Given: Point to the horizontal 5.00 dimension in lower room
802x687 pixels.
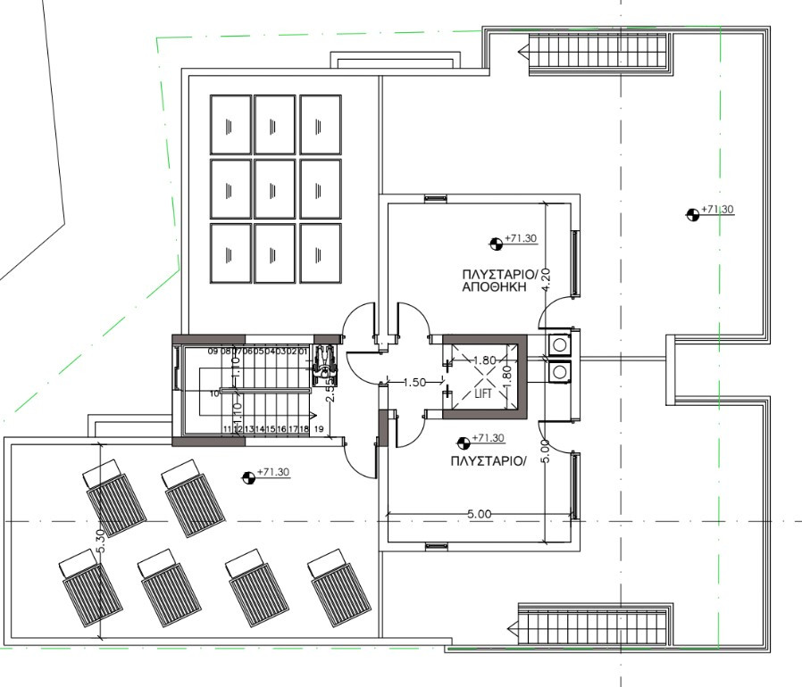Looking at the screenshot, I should click(x=480, y=514).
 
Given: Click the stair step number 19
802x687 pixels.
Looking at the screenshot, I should click(x=319, y=430).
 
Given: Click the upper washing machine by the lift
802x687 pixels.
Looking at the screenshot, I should click(x=560, y=343).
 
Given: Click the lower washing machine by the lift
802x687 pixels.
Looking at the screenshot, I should click(x=560, y=370).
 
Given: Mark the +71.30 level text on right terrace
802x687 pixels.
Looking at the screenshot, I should click(x=717, y=210).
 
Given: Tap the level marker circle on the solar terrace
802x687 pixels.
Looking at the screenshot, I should click(x=247, y=476).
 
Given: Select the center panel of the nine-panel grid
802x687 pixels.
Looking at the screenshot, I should click(x=274, y=188).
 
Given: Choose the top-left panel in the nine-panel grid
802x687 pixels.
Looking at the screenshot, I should click(x=230, y=125).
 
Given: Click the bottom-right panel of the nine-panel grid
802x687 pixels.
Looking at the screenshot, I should click(x=320, y=252).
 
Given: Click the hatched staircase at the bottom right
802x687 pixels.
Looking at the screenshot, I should click(x=593, y=623).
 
